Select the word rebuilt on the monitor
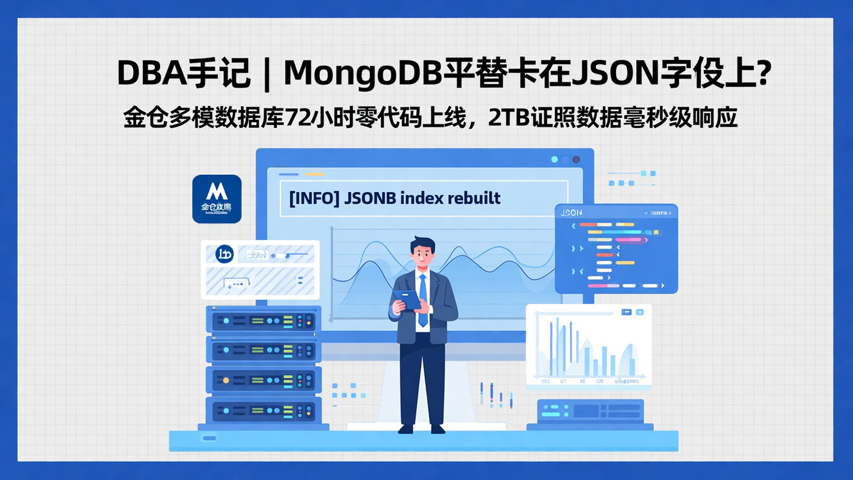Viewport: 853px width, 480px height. pos(473,198)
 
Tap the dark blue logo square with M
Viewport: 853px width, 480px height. pos(217,199)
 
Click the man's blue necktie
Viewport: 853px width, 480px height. pos(422,299)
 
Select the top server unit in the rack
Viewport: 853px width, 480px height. pos(264,321)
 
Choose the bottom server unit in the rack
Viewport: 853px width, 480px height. pos(264,409)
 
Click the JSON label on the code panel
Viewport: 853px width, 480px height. pos(572,212)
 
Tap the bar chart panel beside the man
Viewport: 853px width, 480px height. pos(588,347)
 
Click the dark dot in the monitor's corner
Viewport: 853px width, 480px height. pos(576,159)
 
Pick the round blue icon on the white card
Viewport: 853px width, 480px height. pos(225,254)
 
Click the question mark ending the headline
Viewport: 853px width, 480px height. pos(764,73)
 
